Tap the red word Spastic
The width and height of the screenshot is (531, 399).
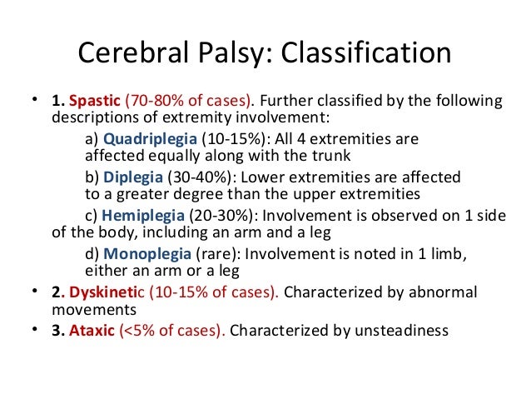point(95,102)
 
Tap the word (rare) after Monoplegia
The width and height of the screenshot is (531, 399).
point(217,252)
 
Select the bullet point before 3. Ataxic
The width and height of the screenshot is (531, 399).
point(34,329)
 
